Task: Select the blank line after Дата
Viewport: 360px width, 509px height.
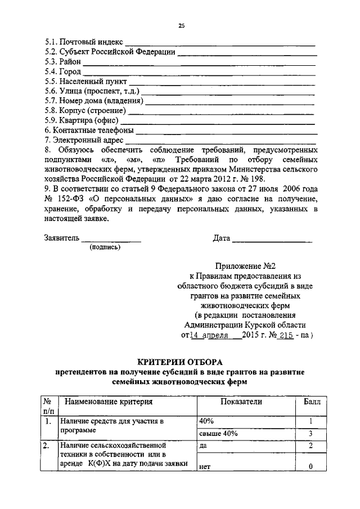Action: [272, 240]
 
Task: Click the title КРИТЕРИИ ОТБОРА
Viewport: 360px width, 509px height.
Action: [180, 361]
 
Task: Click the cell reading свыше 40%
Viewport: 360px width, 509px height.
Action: [219, 434]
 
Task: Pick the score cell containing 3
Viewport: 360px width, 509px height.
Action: [310, 434]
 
